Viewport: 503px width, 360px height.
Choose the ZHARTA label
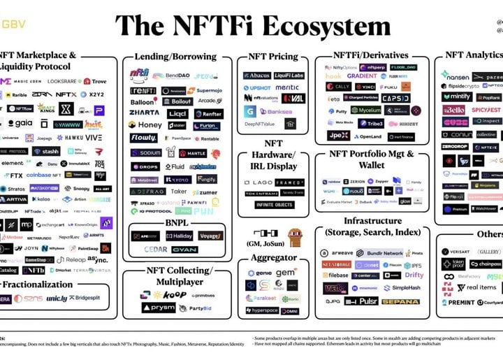144,113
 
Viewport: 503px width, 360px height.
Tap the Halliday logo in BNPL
177,236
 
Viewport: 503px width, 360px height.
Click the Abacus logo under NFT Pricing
257,75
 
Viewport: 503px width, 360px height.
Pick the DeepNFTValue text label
259,124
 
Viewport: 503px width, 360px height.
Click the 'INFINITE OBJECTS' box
274,205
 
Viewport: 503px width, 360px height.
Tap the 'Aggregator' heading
272,258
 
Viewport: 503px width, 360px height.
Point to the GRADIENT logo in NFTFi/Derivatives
361,76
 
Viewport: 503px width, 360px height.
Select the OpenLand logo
367,136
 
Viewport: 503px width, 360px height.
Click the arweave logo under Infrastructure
338,252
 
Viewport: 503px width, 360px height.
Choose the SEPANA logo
400,301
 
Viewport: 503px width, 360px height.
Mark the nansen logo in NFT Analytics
455,75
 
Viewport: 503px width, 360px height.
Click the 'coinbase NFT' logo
43,175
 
